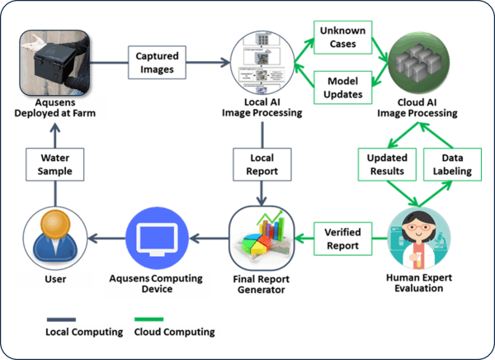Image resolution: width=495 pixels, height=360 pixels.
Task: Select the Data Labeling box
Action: (452, 163)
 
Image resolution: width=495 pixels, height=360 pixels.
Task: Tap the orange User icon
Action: (51, 237)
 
